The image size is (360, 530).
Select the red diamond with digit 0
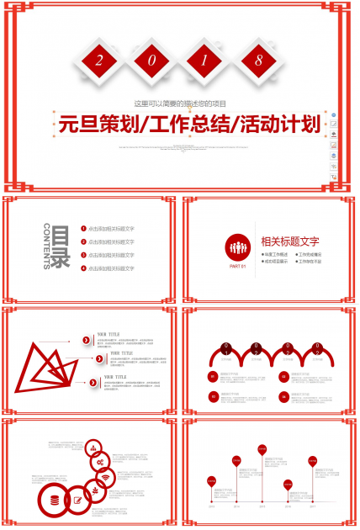153,61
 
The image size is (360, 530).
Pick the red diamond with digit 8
257,61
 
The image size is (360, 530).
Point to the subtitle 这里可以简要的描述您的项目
181,103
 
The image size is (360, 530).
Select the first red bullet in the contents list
83,228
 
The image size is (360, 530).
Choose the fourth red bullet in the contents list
83,268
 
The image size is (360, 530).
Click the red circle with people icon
237,247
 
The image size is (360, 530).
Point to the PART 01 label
237,267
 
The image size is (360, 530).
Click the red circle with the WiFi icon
104,480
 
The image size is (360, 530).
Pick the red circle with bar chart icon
93,448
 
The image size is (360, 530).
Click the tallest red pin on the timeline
262,450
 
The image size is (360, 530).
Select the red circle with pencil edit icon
78,501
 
